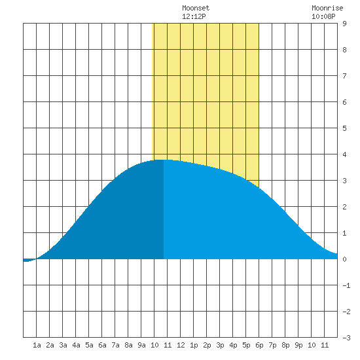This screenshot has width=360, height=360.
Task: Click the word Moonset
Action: coord(196,8)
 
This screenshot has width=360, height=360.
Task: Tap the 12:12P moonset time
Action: coord(194,16)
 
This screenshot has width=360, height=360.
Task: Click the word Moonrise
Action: coord(327,8)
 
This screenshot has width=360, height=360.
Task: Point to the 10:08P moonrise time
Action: coord(323,16)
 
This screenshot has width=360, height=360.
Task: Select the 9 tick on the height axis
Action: coord(344,24)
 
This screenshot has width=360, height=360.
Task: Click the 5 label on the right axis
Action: coord(344,128)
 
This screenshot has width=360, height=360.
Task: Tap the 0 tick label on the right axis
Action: coord(344,259)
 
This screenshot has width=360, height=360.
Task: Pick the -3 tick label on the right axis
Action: coord(346,338)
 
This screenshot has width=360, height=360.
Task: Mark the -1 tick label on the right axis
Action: coord(346,285)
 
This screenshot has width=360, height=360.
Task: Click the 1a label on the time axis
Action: coord(37,345)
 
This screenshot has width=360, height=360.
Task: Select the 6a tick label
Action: coord(102,345)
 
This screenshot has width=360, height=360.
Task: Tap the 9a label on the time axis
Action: coord(141,345)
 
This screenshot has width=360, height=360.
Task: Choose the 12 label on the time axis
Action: coord(181,345)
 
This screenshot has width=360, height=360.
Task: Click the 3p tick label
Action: coord(220,345)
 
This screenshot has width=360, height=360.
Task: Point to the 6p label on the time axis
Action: coord(259,345)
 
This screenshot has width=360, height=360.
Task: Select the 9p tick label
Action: coord(298,345)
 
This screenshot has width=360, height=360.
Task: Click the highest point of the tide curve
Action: coord(164,160)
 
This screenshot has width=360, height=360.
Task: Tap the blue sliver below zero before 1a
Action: coord(29,261)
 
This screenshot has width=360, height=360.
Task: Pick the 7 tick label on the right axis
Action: coord(344,76)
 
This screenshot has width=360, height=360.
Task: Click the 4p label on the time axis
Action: coord(233,345)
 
